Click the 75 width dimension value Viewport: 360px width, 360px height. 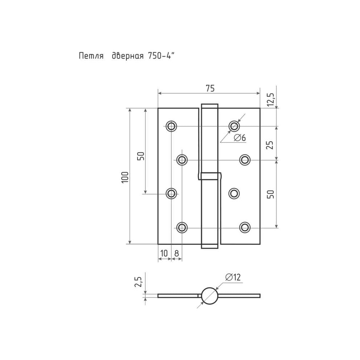[x=210, y=88]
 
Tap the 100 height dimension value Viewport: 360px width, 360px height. [x=125, y=177]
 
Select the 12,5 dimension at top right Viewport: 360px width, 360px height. [x=271, y=99]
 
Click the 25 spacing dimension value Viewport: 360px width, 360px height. [x=270, y=145]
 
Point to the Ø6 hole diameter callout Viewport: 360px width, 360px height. [x=240, y=138]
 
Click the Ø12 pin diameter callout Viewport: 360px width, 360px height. [x=233, y=277]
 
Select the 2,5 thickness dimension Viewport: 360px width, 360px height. [x=139, y=282]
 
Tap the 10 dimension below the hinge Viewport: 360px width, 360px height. [x=164, y=253]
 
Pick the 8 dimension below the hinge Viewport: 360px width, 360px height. [x=176, y=253]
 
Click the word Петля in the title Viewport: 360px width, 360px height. [x=91, y=56]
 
